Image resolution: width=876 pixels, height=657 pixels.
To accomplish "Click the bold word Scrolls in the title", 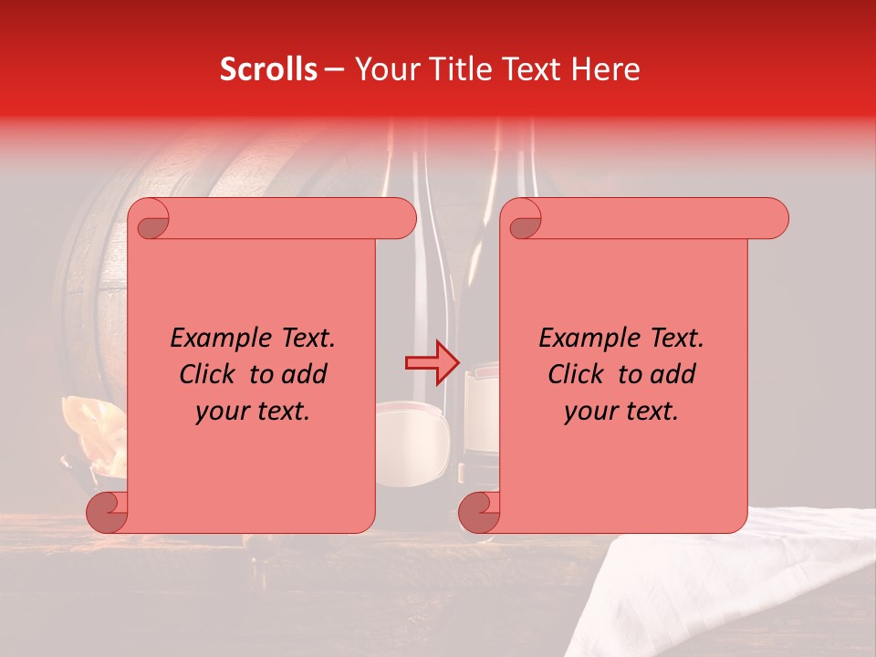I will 268,69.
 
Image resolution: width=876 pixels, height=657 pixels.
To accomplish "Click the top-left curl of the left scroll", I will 151,218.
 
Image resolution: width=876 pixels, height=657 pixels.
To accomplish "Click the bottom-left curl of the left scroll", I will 107,512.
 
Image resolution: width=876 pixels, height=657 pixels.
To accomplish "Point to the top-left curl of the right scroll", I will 524,218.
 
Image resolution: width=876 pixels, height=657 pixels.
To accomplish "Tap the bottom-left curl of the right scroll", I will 479,512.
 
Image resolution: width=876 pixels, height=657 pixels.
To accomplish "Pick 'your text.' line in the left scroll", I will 253,411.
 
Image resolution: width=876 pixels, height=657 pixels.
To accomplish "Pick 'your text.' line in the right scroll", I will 621,411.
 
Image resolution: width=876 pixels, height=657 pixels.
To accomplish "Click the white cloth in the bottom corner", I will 748,584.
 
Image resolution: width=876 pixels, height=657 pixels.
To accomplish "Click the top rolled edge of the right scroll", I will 657,218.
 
